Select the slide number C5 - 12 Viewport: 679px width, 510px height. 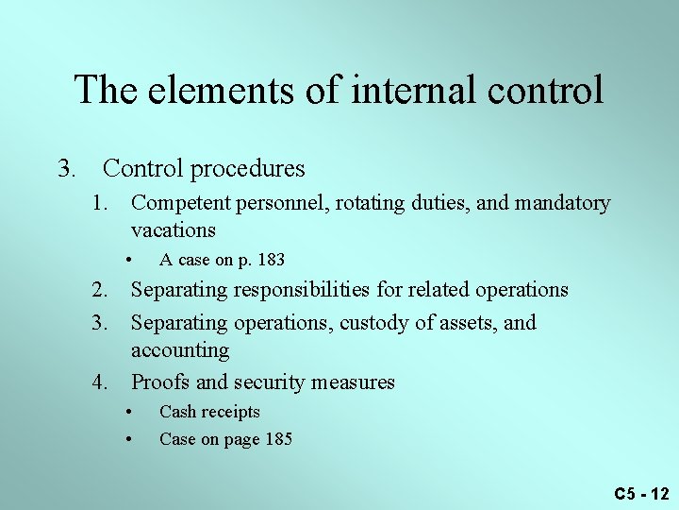[x=641, y=493]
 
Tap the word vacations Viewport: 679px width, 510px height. [x=174, y=230]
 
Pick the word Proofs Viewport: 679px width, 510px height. [x=159, y=382]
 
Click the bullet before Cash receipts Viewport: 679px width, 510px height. [x=128, y=412]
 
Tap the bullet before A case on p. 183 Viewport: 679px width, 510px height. [x=128, y=259]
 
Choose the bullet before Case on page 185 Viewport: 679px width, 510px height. [x=128, y=438]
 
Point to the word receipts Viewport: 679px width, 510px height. [x=231, y=412]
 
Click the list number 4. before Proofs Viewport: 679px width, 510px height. [x=99, y=382]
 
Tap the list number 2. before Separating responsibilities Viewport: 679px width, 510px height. [x=99, y=289]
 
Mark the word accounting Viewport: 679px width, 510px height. [x=180, y=350]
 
